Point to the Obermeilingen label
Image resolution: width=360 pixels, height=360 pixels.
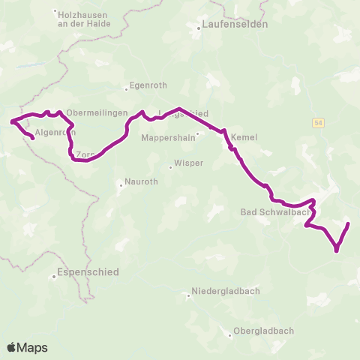[94, 113]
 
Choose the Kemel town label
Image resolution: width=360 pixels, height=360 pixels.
[244, 138]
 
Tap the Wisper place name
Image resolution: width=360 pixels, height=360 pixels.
[188, 163]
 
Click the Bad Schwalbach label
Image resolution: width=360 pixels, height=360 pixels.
[269, 212]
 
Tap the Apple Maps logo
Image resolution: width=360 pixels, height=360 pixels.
[27, 347]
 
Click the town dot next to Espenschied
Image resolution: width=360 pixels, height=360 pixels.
[54, 276]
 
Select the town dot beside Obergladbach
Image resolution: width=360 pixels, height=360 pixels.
[230, 331]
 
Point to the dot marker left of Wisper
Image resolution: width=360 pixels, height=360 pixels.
[170, 166]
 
